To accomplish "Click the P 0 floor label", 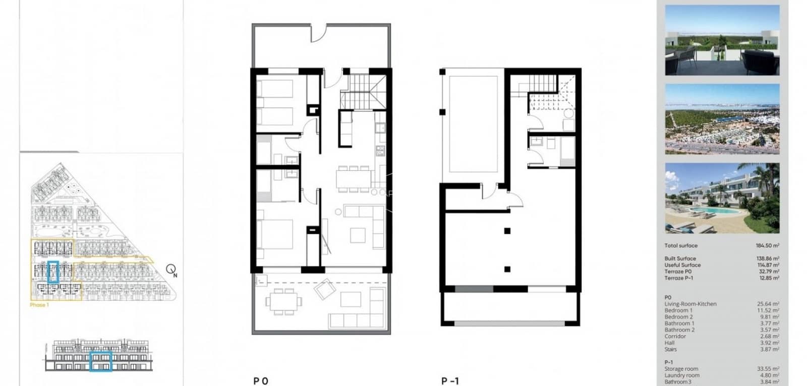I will pos(261,381).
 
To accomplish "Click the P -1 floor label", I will pos(450,381).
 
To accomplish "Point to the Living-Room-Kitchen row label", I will pos(690,304).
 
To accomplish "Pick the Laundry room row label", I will pos(682,375).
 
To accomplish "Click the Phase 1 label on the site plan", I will pos(39,305).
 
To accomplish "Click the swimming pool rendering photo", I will pos(722,198).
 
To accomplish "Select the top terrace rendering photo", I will pos(722,40).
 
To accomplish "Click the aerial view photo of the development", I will pos(722,119).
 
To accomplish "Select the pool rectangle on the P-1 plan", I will pos(473,125).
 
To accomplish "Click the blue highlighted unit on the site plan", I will pos(53,271).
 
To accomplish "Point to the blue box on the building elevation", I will pos(100,361).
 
